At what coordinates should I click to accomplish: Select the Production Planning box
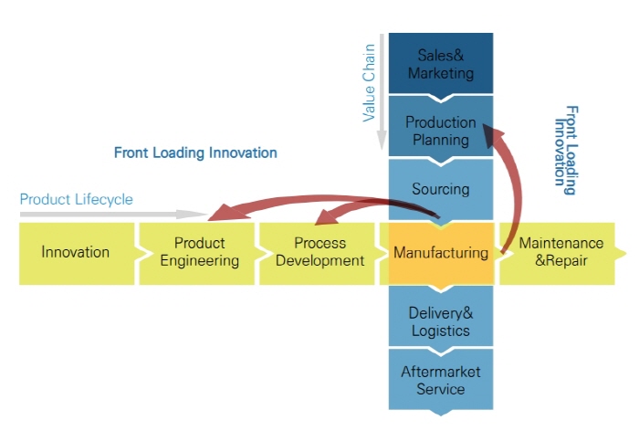pyautogui.click(x=441, y=131)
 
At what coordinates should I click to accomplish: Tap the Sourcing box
pyautogui.click(x=441, y=190)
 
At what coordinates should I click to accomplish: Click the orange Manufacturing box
pyautogui.click(x=441, y=252)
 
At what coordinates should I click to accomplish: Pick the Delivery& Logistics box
pyautogui.click(x=441, y=321)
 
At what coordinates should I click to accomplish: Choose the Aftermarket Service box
pyautogui.click(x=441, y=380)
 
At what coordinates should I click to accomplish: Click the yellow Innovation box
pyautogui.click(x=76, y=252)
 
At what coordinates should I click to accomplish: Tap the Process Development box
pyautogui.click(x=320, y=252)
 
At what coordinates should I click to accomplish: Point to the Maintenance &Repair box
pyautogui.click(x=560, y=252)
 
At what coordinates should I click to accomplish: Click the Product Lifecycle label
pyautogui.click(x=76, y=199)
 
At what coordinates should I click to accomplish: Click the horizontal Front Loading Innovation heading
pyautogui.click(x=195, y=152)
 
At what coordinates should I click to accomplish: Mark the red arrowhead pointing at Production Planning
pyautogui.click(x=494, y=136)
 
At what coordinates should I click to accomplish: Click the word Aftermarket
pyautogui.click(x=441, y=372)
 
